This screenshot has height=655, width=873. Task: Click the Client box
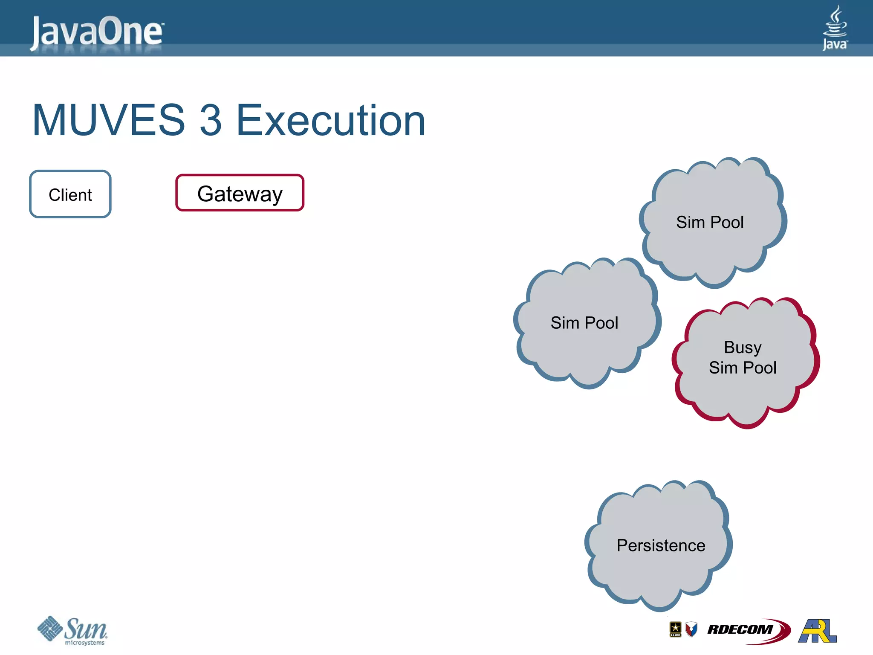pyautogui.click(x=70, y=194)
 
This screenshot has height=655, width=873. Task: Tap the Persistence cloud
pyautogui.click(x=660, y=545)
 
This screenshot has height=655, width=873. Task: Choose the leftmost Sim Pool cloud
pyautogui.click(x=585, y=323)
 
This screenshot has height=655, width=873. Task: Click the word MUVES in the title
pyautogui.click(x=109, y=121)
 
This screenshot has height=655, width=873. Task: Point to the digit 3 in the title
pyautogui.click(x=211, y=121)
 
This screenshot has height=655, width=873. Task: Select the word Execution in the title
pyautogui.click(x=331, y=121)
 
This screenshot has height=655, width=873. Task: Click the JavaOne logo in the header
pyautogui.click(x=97, y=32)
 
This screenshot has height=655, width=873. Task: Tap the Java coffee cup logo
pyautogui.click(x=835, y=27)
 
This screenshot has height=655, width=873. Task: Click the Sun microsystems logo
pyautogui.click(x=72, y=630)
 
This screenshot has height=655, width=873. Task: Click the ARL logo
pyautogui.click(x=817, y=631)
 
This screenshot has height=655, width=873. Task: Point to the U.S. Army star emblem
pyautogui.click(x=675, y=629)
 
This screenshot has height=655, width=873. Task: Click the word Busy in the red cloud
pyautogui.click(x=743, y=347)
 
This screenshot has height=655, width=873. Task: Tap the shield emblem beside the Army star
pyautogui.click(x=691, y=629)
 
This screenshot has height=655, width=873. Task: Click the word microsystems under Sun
pyautogui.click(x=84, y=643)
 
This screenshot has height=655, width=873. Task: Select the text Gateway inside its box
pyautogui.click(x=240, y=194)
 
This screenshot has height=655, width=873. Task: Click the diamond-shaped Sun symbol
pyautogui.click(x=50, y=628)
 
